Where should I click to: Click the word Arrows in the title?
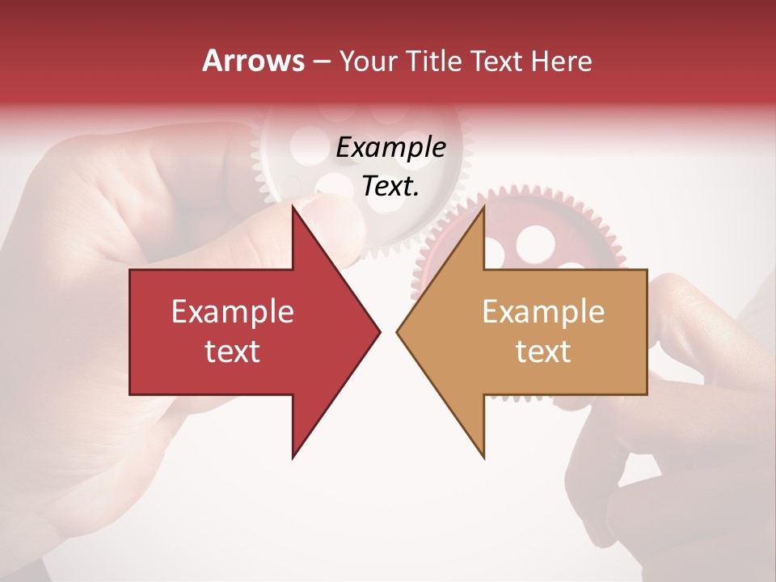254,61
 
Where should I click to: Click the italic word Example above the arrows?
390,148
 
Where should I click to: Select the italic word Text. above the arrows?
390,187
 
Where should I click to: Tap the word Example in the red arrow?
233,311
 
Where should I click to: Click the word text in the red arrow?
233,351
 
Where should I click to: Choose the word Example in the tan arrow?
543,311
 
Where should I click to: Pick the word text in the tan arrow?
543,351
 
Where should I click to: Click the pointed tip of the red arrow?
379,331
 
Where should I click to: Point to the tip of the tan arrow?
398,331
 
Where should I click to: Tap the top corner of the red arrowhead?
293,207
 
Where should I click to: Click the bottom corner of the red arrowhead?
293,457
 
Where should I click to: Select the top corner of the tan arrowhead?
483,207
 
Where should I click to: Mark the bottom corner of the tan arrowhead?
483,457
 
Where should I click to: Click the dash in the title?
321,62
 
